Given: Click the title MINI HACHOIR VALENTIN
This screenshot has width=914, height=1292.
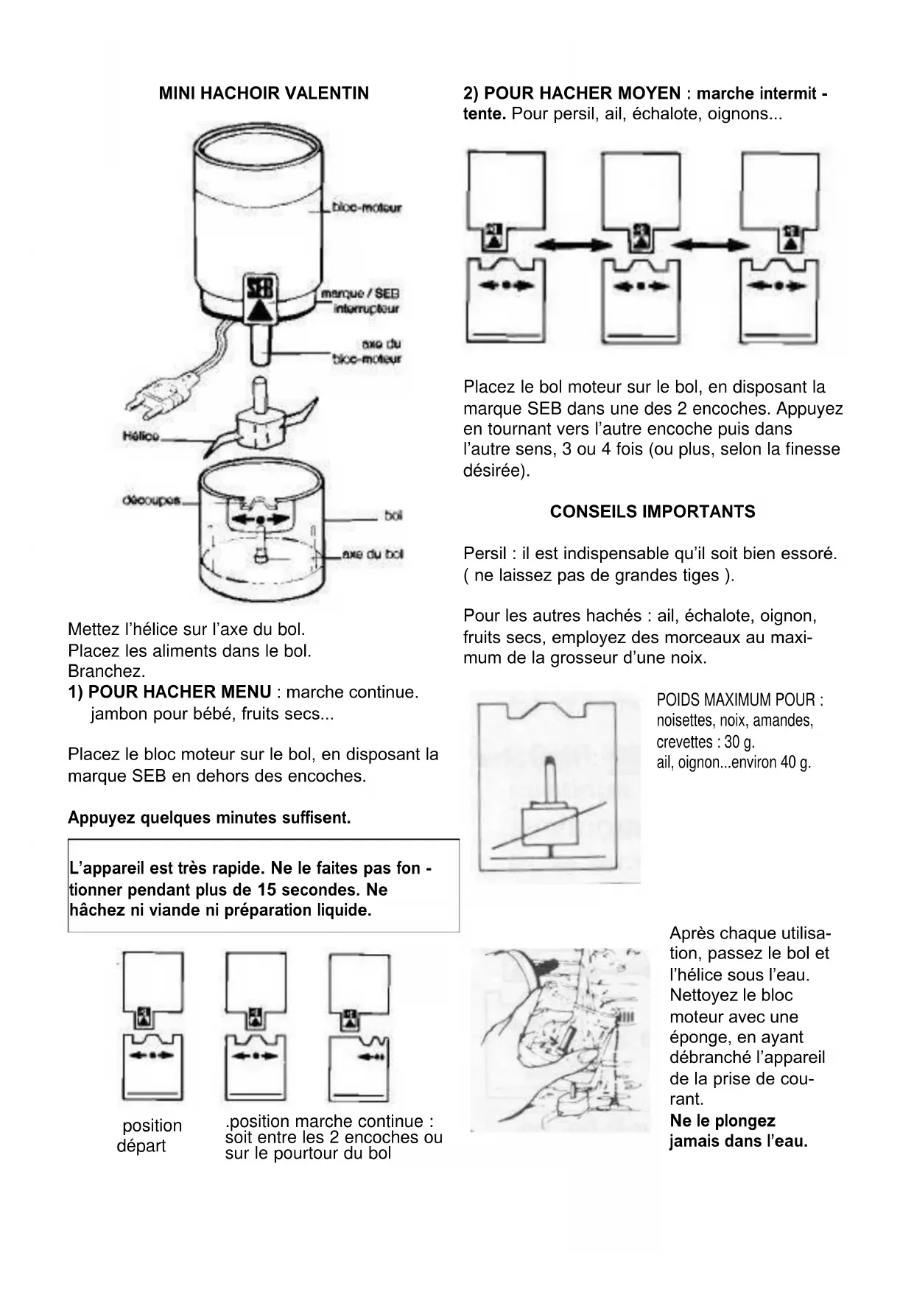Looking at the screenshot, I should [x=264, y=94].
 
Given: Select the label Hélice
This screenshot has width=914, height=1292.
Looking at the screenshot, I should [x=141, y=436].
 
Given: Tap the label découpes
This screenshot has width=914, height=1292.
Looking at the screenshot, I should [x=151, y=501].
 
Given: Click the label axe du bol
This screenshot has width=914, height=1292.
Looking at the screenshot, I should [x=373, y=554].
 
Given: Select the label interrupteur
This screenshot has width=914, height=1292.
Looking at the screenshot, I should [x=366, y=309].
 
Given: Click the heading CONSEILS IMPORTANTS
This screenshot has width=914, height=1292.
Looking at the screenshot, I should [x=653, y=512].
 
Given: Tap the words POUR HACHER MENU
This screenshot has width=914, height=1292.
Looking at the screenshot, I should [x=180, y=692].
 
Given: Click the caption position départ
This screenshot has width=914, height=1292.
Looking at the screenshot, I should [x=150, y=1135].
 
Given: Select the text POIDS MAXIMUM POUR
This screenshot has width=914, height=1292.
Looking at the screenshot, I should [x=739, y=700].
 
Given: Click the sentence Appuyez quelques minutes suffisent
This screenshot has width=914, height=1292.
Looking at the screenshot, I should [x=209, y=818].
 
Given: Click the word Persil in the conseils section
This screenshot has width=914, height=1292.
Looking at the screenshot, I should [x=485, y=554].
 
